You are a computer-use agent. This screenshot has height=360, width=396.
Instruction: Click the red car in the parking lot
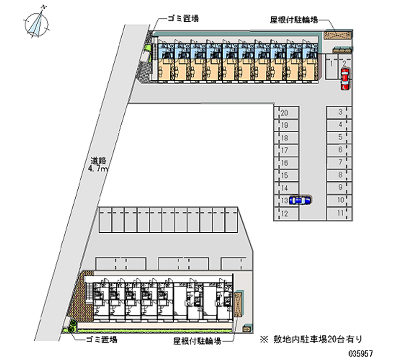pos(345,79)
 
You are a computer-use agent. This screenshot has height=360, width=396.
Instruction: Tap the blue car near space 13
pos(300,200)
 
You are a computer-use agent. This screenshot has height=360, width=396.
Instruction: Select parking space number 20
pos(285,113)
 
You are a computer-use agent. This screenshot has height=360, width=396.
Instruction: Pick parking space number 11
pos(340,213)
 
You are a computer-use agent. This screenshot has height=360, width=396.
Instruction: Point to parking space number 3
pos(340,112)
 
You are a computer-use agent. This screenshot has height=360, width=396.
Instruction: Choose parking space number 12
pos(285,214)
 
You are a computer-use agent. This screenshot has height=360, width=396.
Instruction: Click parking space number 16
pos(285,163)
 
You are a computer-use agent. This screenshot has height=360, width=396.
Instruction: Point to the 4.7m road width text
pos(98,169)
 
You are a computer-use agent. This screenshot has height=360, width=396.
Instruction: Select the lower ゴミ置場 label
pos(101,340)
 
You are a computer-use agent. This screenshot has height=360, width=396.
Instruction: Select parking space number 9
pos(340,187)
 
